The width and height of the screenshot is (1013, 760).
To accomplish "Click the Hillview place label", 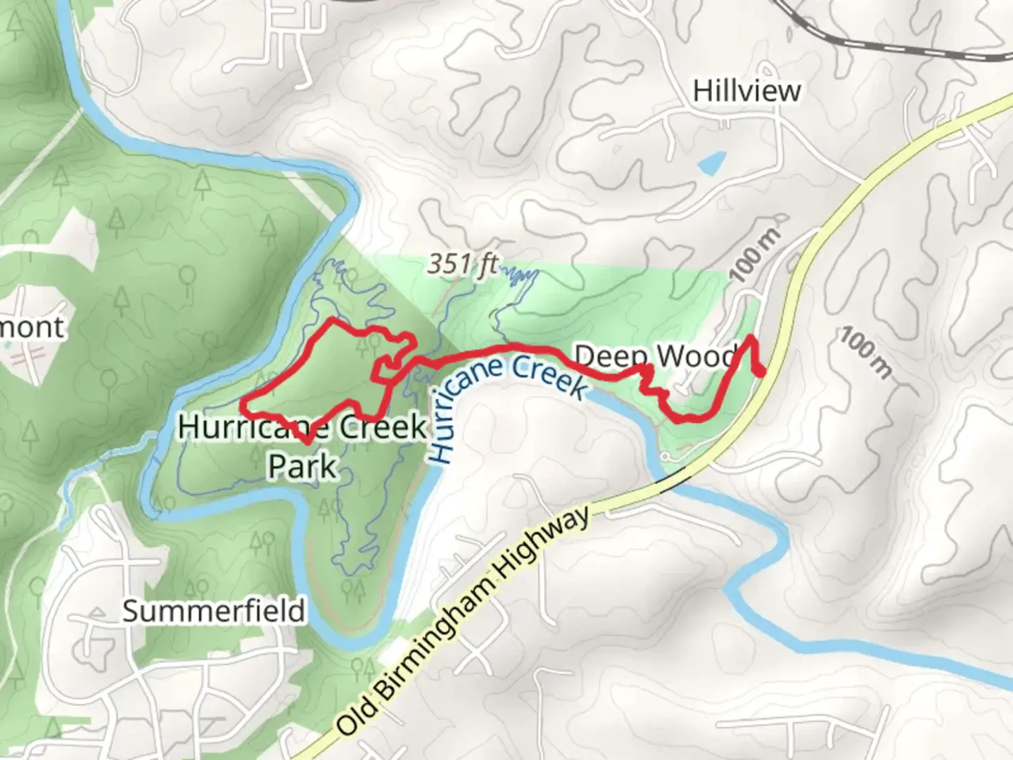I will pyautogui.click(x=746, y=91).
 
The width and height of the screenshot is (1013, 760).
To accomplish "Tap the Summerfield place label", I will pyautogui.click(x=214, y=610).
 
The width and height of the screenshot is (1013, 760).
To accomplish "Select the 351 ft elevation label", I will pyautogui.click(x=462, y=264).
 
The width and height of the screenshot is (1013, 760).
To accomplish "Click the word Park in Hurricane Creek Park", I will pyautogui.click(x=302, y=466).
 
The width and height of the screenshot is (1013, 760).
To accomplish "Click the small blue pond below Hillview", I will pyautogui.click(x=711, y=163).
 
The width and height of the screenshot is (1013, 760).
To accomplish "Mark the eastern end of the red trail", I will pyautogui.click(x=763, y=372).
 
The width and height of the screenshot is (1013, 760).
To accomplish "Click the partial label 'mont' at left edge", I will pyautogui.click(x=32, y=327).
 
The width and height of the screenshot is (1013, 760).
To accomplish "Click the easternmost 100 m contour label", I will pyautogui.click(x=865, y=353).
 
